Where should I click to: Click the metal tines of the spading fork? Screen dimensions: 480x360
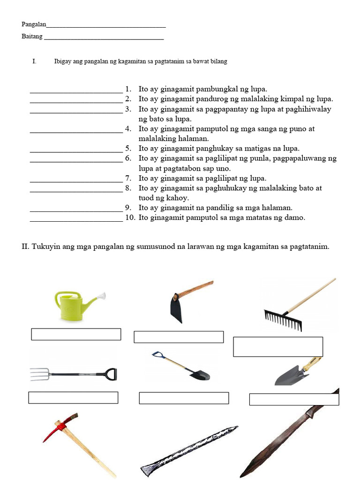(x=39, y=374)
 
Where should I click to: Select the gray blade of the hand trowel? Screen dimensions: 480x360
(x=287, y=376)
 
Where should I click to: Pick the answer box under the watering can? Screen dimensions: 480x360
(x=76, y=334)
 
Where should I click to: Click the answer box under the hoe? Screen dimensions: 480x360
(x=179, y=337)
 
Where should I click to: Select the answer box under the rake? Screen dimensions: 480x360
(x=278, y=346)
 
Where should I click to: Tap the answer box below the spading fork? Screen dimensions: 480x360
(x=73, y=397)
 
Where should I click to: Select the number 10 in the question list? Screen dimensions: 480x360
(x=129, y=217)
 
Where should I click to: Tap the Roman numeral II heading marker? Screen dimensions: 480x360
(x=25, y=247)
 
